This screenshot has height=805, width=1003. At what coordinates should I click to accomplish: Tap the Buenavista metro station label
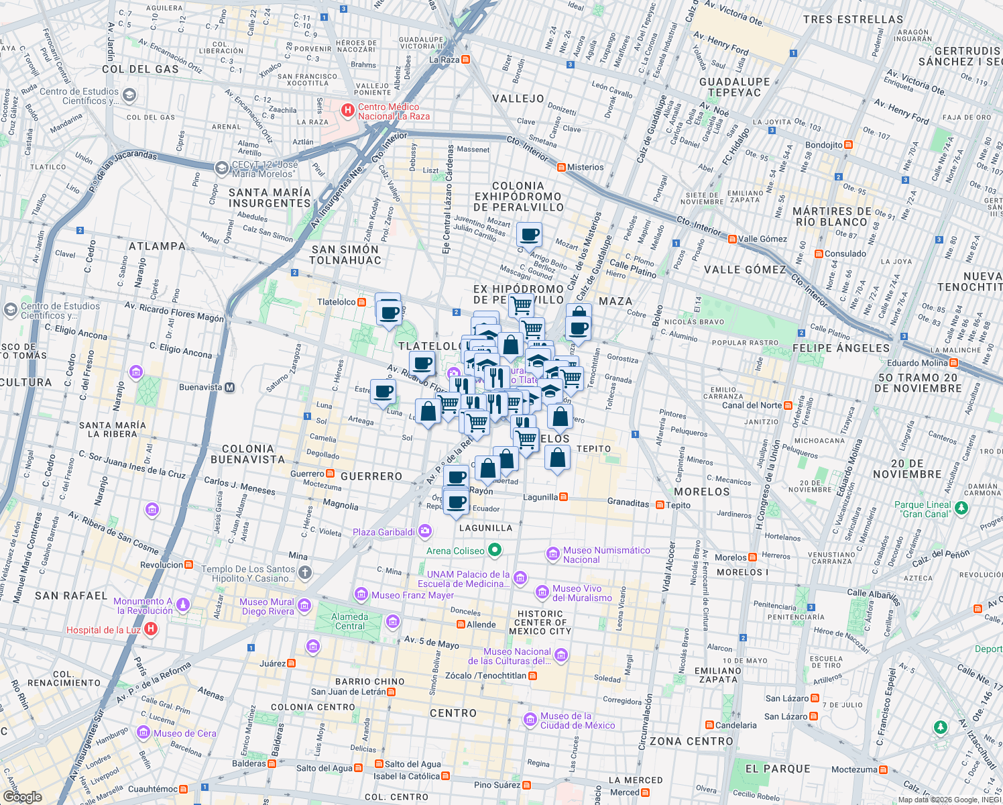pos(200,387)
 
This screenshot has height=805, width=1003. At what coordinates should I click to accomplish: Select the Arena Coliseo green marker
pos(495,551)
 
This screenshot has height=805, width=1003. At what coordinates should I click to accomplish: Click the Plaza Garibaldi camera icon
pos(424,532)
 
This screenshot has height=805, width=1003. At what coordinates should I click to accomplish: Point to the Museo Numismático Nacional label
pos(606,555)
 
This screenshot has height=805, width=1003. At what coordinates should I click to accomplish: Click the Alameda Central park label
pos(349,621)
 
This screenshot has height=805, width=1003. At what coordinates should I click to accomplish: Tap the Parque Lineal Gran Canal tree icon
pos(961,508)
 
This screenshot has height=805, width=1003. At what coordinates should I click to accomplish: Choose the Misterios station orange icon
pos(561,167)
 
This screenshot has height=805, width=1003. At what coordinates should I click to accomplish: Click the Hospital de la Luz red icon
pos(152,629)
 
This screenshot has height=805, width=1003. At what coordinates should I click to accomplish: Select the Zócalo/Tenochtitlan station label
pos(486,676)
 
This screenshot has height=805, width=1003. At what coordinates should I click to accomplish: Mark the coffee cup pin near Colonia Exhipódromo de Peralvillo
pos(529,235)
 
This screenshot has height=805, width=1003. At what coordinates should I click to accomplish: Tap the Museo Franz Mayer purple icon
pos(361,594)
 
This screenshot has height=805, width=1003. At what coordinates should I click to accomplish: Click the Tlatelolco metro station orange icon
pos(362,302)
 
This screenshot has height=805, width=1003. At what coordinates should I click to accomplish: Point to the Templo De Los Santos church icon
pos(305,572)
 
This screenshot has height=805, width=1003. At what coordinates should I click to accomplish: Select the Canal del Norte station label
pos(752,405)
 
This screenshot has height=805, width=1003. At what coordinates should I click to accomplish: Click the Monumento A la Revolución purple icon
pos(182,605)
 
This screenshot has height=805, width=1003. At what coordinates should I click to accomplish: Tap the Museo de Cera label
pos(184,733)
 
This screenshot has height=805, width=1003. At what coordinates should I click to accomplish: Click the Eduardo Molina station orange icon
pos(953,363)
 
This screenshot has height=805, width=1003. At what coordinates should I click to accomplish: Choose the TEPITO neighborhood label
pos(593,449)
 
